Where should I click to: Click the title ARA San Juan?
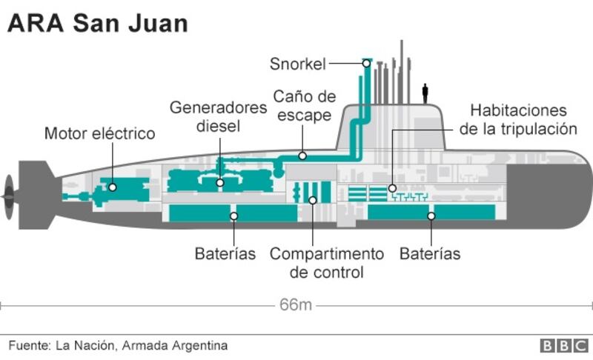(x=97, y=24)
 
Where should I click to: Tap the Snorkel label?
(x=297, y=64)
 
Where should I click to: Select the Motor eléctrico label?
(x=99, y=133)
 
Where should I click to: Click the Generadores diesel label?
(x=218, y=116)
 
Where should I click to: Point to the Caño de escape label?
(x=304, y=106)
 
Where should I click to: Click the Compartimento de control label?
(x=326, y=263)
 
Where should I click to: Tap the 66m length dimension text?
(x=296, y=304)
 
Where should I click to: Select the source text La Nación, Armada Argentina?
(x=118, y=345)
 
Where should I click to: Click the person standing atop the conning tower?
(x=425, y=93)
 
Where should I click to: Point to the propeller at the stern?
(x=8, y=194)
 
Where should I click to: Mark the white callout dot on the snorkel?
(x=366, y=64)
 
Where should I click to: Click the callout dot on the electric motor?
(x=112, y=187)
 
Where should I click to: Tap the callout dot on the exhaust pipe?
(x=302, y=156)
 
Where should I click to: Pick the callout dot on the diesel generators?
(x=220, y=182)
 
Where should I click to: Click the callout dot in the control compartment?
(x=313, y=200)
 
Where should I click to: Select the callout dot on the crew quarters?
(x=392, y=188)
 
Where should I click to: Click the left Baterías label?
(x=225, y=254)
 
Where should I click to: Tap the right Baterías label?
(x=430, y=254)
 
